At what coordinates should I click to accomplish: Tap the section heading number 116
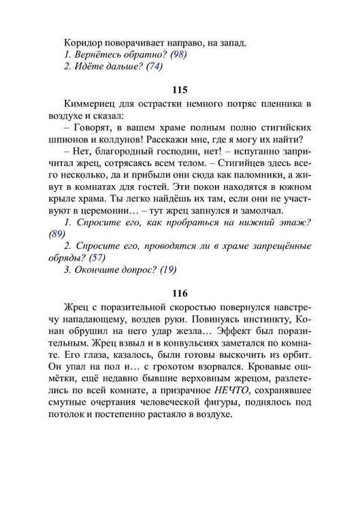pos(180,293)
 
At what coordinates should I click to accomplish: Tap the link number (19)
pos(167,269)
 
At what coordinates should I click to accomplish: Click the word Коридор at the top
pos(83,42)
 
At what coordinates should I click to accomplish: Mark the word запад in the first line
pos(230,42)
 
